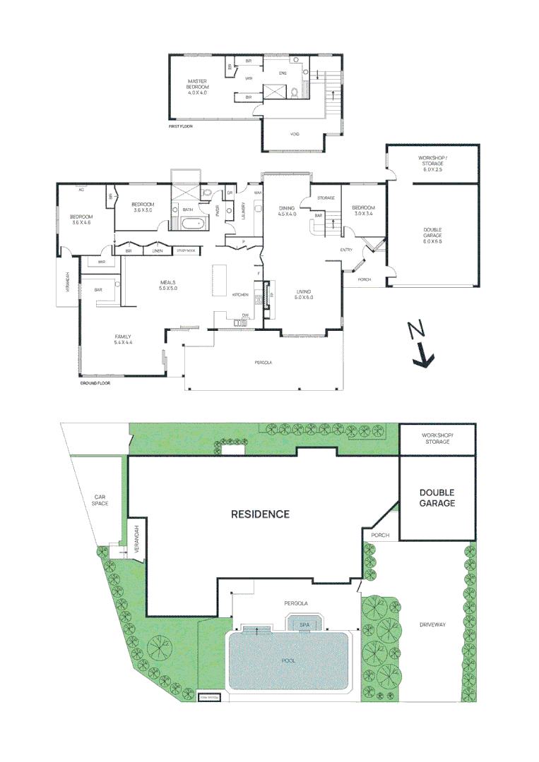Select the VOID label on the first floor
[295, 134]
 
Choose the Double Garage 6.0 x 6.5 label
[433, 237]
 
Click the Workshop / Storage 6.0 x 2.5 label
[434, 163]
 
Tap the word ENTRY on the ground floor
[346, 250]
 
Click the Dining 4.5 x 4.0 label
[287, 211]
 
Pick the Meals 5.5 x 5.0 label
[167, 285]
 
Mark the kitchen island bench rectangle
[218, 282]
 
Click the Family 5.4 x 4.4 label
[124, 339]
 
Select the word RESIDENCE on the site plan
[260, 514]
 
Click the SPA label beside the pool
[305, 625]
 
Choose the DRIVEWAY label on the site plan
[432, 625]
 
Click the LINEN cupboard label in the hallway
[157, 250]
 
